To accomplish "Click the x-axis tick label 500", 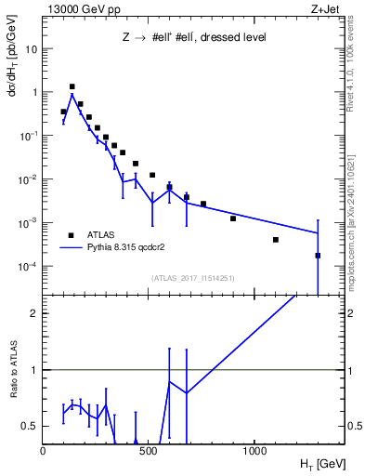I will click(x=150, y=450).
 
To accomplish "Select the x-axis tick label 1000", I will click(x=255, y=450).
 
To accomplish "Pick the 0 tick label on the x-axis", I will click(x=43, y=450).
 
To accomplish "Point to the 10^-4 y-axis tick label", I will click(x=28, y=266).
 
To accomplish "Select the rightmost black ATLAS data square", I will click(x=318, y=255).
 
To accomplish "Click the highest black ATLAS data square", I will click(x=72, y=86).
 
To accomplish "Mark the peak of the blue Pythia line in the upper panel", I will click(x=72, y=94).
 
